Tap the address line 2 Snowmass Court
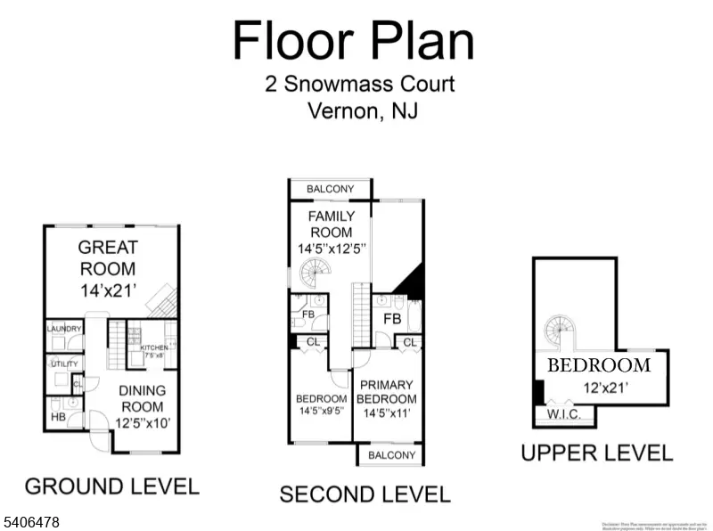point(360,85)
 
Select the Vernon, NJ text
point(361,112)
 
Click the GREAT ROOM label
point(107,257)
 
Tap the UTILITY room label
point(63,364)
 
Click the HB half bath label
point(59,416)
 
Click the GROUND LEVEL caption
point(111,486)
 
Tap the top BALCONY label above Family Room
point(330,189)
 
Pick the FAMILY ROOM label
point(331,225)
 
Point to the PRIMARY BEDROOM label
point(388,392)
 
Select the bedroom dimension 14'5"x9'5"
point(322,412)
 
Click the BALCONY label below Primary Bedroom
point(391,455)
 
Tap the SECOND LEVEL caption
point(365,494)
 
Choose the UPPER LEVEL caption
point(596,453)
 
